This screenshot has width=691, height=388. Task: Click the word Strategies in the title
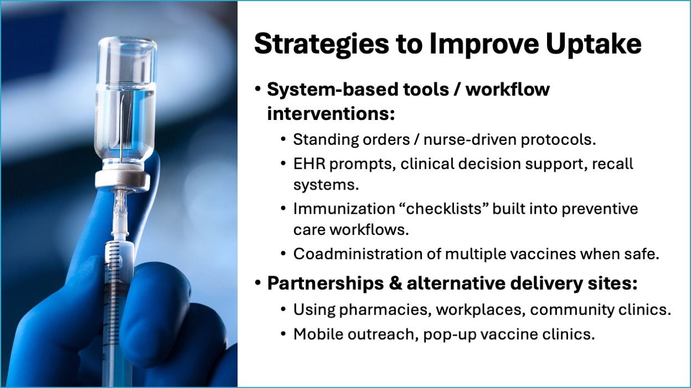(322, 45)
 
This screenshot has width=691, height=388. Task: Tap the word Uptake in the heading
(594, 45)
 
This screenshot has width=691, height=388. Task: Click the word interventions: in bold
(331, 114)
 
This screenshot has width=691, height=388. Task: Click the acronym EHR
(309, 164)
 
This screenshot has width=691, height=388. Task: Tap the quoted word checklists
(445, 209)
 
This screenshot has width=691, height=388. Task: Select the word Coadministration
(358, 254)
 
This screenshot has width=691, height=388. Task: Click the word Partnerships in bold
(326, 284)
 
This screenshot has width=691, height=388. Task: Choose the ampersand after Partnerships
(395, 284)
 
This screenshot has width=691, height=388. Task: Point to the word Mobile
(318, 334)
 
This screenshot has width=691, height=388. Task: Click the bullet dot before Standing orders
(283, 139)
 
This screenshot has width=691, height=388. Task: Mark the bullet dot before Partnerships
(258, 282)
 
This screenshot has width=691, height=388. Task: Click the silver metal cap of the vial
(122, 181)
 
